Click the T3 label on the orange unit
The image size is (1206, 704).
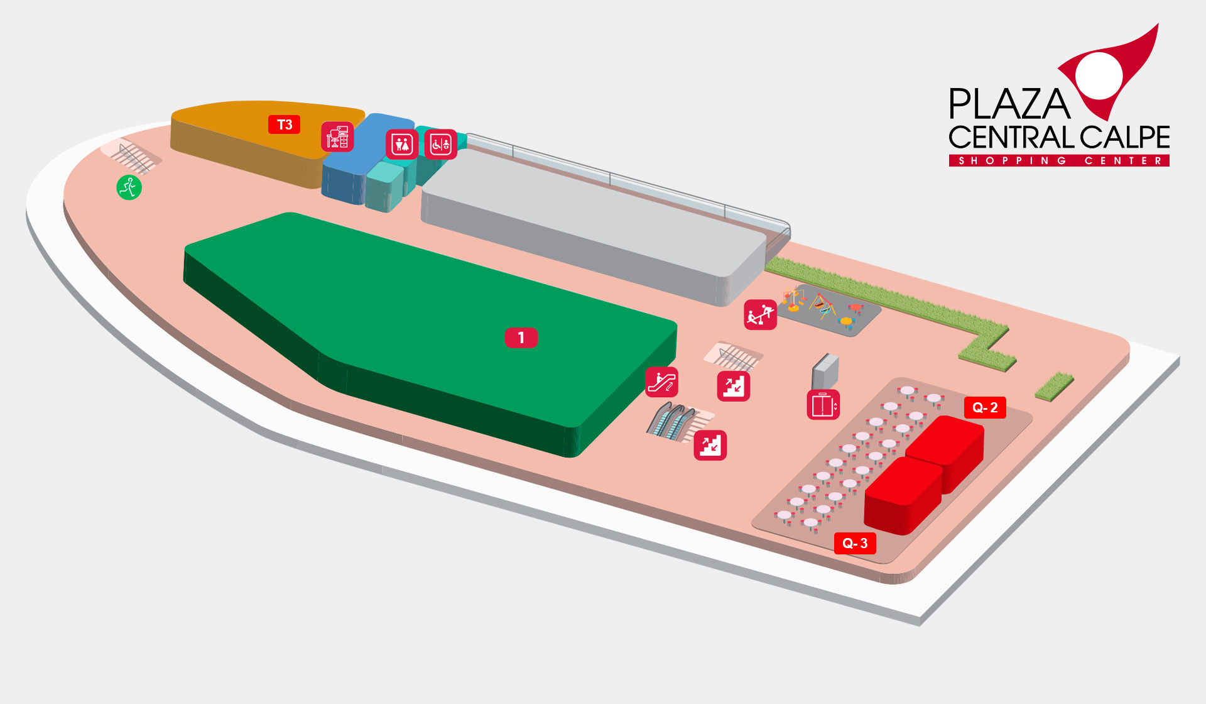285,124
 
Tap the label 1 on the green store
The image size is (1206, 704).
521,338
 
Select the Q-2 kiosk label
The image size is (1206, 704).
985,407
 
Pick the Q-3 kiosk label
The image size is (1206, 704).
855,543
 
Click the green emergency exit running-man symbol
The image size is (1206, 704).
129,187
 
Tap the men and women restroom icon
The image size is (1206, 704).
402,145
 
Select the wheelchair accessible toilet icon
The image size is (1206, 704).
440,145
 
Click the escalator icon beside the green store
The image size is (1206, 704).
662,382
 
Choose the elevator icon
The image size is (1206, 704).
823,405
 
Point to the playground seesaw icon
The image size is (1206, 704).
760,314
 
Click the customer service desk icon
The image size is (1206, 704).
337,137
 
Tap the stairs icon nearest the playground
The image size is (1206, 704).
734,385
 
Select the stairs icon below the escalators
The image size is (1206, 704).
710,445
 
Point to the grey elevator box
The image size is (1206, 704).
825,371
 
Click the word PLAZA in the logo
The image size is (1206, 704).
1009,104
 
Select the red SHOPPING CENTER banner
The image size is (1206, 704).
1059,161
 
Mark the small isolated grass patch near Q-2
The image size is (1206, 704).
1055,386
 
